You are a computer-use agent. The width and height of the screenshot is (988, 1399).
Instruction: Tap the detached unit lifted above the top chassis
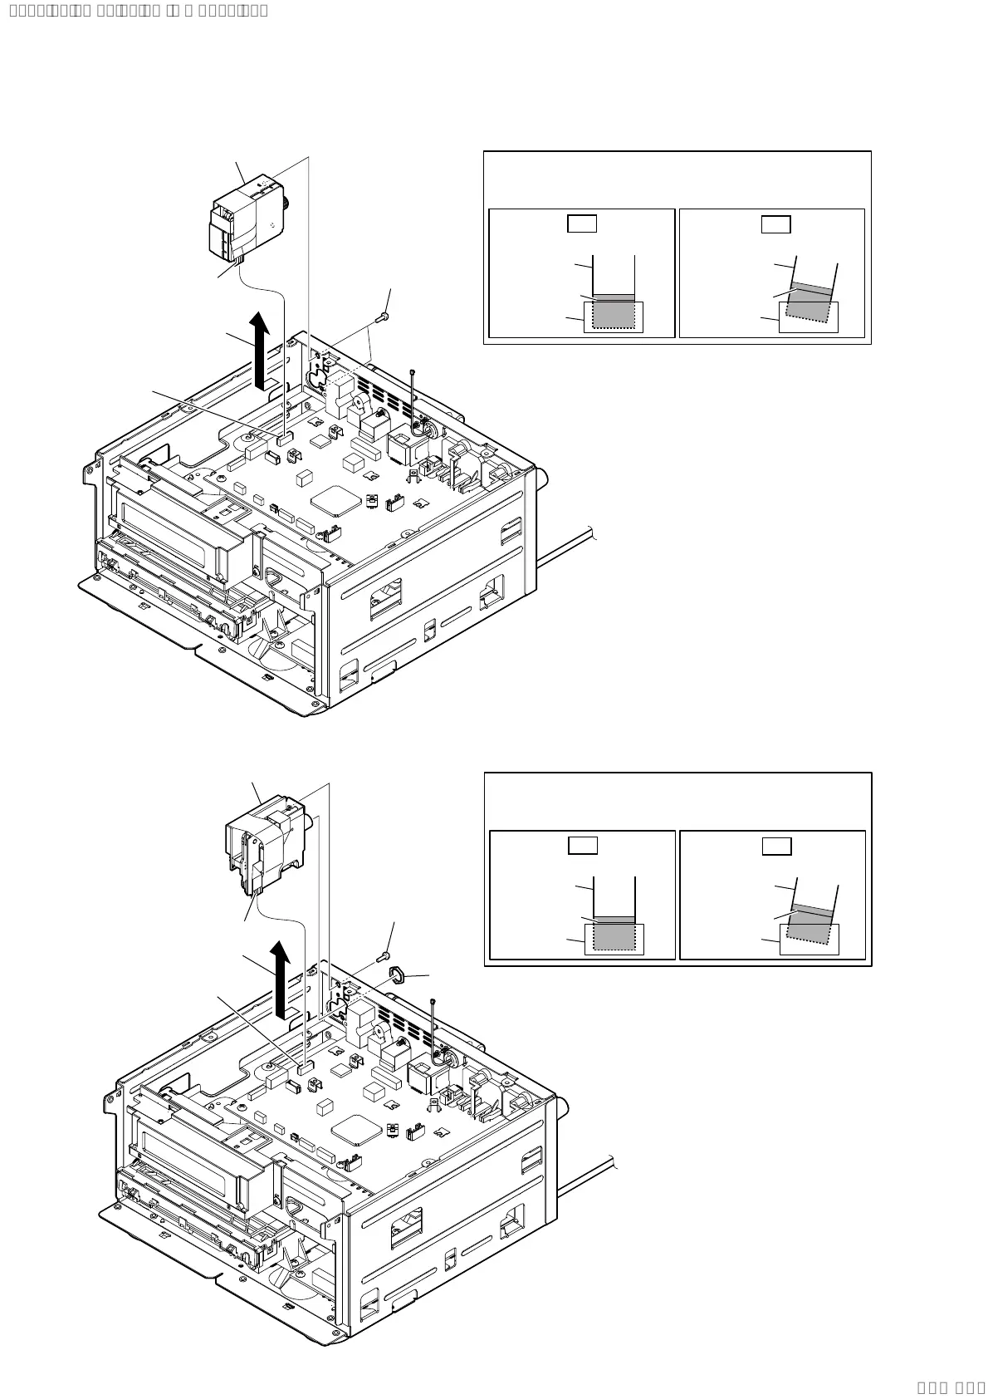click(247, 217)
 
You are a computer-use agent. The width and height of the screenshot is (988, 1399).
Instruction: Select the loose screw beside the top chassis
click(384, 317)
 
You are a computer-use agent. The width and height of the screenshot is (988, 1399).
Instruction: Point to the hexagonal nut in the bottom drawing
click(396, 974)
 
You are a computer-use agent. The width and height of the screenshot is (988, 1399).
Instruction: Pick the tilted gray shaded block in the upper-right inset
click(809, 305)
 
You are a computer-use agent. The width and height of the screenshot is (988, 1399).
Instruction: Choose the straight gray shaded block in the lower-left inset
click(614, 934)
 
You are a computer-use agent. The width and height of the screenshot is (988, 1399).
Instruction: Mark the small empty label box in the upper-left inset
click(582, 223)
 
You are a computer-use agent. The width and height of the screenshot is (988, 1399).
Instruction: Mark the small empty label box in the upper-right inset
click(776, 224)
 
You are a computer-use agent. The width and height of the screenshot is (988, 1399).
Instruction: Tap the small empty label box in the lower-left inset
click(583, 846)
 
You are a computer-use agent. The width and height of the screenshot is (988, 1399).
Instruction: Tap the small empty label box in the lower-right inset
click(777, 847)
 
